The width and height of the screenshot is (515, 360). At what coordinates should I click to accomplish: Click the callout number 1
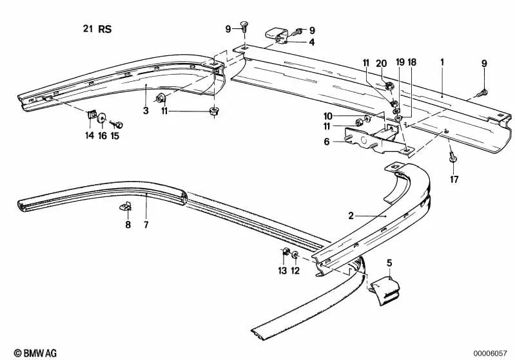(x=442, y=62)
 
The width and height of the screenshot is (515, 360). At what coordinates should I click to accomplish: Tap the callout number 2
(x=351, y=216)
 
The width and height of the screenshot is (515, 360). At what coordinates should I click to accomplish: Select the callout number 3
(x=146, y=111)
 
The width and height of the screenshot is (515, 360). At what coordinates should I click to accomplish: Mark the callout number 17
(x=454, y=180)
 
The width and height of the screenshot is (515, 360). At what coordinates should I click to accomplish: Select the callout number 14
(x=89, y=135)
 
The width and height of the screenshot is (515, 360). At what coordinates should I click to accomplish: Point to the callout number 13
(x=282, y=270)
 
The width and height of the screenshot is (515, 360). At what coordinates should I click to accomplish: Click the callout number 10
(x=327, y=116)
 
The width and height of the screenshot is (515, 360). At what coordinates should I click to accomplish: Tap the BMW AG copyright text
(x=23, y=352)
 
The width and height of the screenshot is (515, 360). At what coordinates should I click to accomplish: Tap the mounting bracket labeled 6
(x=374, y=140)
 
